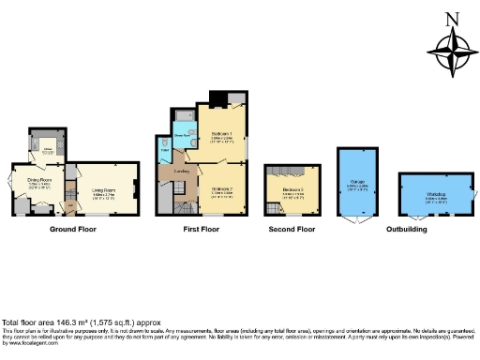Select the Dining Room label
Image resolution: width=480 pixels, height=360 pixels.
[38, 180]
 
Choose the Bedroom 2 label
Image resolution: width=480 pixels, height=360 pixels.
[221, 188]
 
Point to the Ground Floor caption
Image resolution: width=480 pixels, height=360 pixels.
[71, 229]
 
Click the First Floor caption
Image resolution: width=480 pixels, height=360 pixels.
[202, 229]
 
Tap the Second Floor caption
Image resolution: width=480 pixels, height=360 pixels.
[292, 229]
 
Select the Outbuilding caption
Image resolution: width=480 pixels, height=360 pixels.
[406, 229]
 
